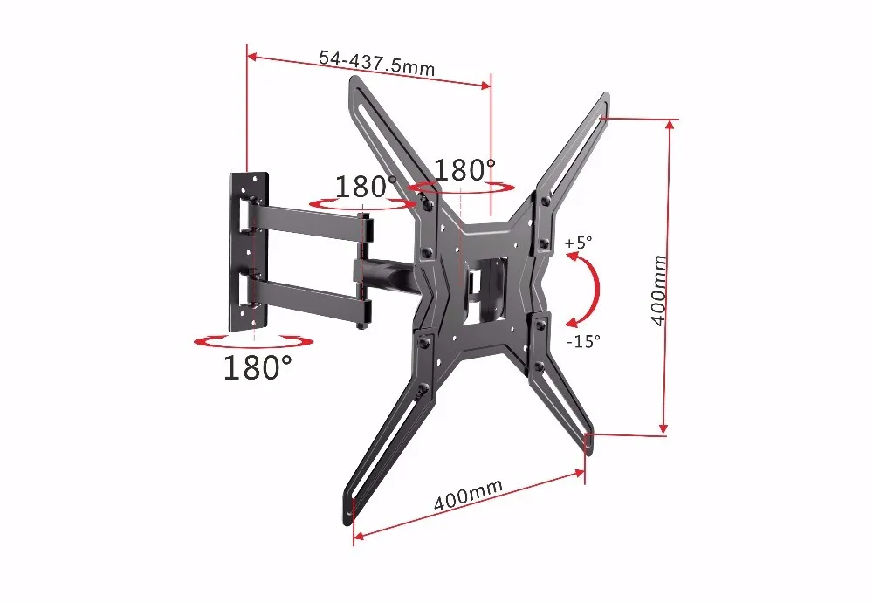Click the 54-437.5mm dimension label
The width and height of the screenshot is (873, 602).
(376, 62)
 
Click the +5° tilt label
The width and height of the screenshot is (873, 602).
(577, 242)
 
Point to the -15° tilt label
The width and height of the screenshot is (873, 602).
(583, 341)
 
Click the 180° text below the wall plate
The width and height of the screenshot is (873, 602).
(257, 367)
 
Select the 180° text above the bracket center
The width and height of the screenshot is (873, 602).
(465, 169)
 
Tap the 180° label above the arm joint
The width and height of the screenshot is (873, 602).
(366, 187)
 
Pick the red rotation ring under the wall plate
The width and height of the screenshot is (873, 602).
(252, 342)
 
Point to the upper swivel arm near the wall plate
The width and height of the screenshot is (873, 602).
(306, 218)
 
